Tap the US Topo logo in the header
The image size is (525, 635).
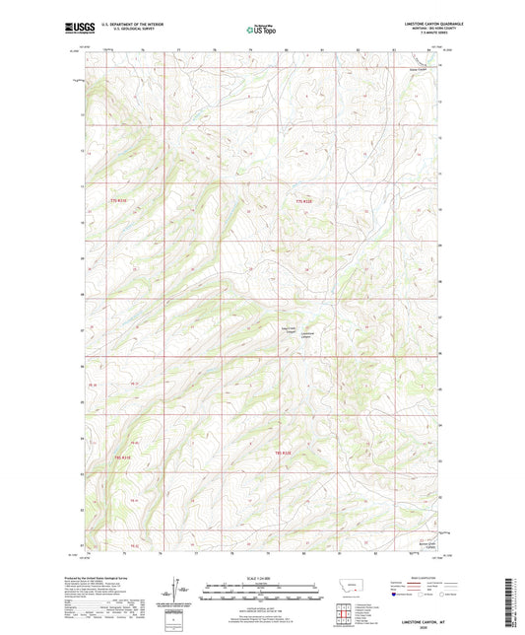point(261,31)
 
